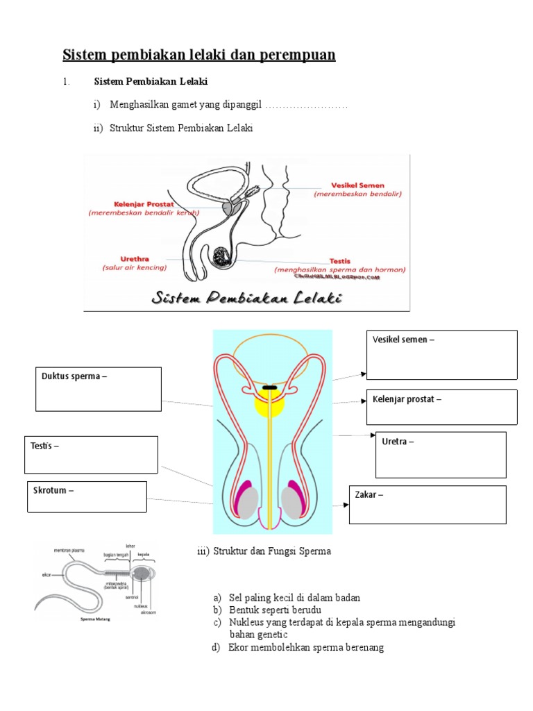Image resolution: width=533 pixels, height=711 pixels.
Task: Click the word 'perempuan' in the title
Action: (297, 54)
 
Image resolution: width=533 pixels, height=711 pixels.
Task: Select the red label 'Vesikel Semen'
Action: (357, 186)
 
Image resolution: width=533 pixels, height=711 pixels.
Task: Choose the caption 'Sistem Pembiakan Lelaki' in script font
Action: (247, 299)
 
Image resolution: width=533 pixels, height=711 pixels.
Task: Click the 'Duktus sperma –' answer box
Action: (98, 389)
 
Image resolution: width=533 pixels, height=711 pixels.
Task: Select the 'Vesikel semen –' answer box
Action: (441, 355)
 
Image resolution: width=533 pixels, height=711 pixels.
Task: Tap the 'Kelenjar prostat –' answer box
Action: (441, 406)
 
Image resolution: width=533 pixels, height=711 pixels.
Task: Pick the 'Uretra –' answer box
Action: (441, 455)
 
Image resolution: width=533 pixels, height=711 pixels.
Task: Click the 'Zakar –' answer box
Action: (428, 505)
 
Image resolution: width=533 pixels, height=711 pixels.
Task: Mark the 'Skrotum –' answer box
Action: (87, 497)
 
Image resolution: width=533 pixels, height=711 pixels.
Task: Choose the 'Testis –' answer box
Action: (92, 455)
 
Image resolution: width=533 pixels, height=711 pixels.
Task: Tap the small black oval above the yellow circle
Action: (271, 386)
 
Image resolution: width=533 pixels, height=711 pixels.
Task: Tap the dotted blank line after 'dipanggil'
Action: (306, 105)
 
